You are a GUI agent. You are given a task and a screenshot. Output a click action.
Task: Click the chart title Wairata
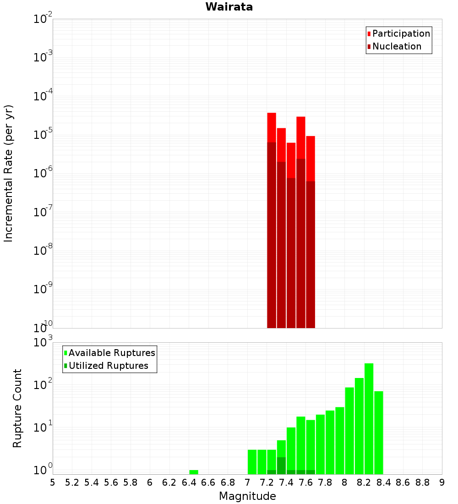tap(229, 7)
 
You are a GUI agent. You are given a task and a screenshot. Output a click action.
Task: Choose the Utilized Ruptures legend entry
tap(108, 366)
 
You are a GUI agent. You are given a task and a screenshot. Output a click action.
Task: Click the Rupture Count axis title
tap(17, 408)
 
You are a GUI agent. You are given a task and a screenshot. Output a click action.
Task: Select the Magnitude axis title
tap(247, 496)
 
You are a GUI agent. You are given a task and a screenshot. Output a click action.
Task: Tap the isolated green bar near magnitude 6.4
tap(194, 472)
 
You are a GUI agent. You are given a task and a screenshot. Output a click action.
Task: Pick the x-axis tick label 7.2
tap(267, 482)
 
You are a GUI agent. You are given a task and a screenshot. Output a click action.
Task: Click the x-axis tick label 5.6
tap(111, 482)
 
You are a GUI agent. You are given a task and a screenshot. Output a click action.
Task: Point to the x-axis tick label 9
tap(442, 482)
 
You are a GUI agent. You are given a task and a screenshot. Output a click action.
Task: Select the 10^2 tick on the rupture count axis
tap(44, 385)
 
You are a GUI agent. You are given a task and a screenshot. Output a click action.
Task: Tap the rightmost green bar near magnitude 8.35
tap(379, 431)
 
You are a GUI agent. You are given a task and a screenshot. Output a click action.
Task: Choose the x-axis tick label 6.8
tap(228, 482)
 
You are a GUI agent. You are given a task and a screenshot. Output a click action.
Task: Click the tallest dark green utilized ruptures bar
tap(281, 465)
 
